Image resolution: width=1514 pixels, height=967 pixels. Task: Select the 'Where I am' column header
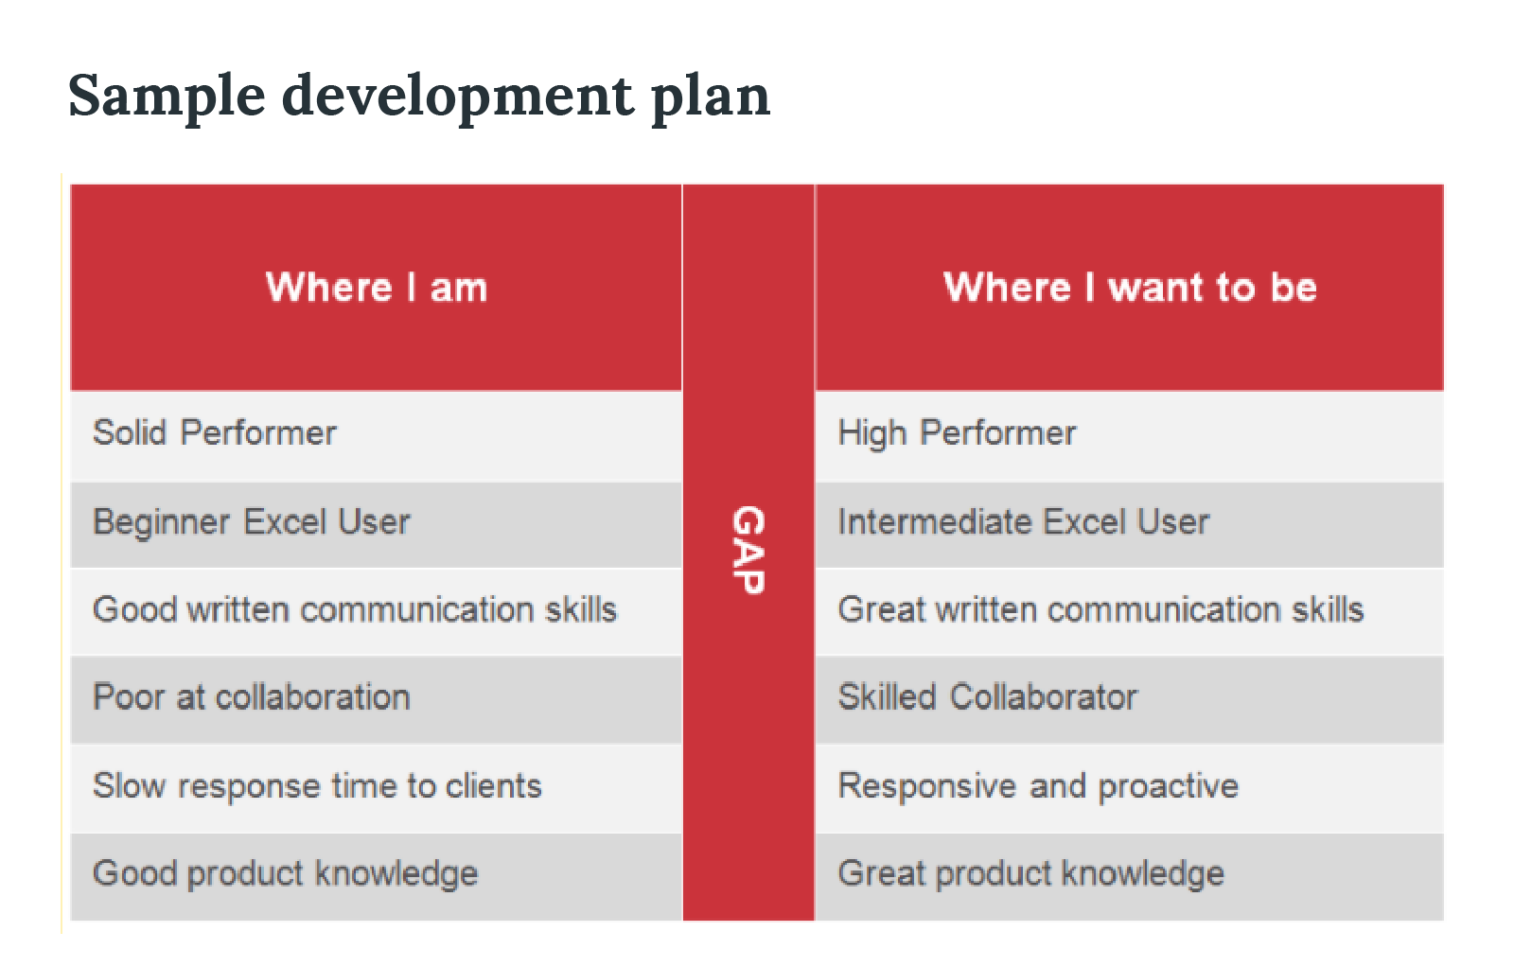tap(377, 287)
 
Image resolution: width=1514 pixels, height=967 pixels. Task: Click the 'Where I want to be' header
tap(1130, 287)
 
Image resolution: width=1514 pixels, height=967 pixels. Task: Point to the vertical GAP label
tap(748, 551)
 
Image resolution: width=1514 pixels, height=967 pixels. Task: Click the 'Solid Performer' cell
tap(215, 433)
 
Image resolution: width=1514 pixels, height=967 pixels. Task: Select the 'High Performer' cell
tap(957, 433)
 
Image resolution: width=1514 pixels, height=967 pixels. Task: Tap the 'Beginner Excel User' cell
tap(252, 522)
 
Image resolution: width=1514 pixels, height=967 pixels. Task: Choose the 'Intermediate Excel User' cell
tap(1023, 522)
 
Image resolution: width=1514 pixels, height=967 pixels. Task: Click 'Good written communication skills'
tap(355, 609)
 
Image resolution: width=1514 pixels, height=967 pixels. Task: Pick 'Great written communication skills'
tap(1100, 609)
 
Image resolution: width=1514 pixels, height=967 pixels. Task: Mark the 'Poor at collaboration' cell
tap(252, 697)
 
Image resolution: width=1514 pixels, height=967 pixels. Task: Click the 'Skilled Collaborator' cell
tap(987, 697)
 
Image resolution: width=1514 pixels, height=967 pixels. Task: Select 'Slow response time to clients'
tap(317, 786)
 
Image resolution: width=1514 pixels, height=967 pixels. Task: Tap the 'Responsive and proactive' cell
tap(1038, 786)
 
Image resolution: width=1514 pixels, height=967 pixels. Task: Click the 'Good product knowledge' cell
tap(285, 873)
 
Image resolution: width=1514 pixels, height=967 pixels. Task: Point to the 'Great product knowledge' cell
tap(1030, 873)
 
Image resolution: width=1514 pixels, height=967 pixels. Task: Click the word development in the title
tap(458, 97)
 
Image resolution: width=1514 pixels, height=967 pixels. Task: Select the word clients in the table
tap(494, 786)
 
